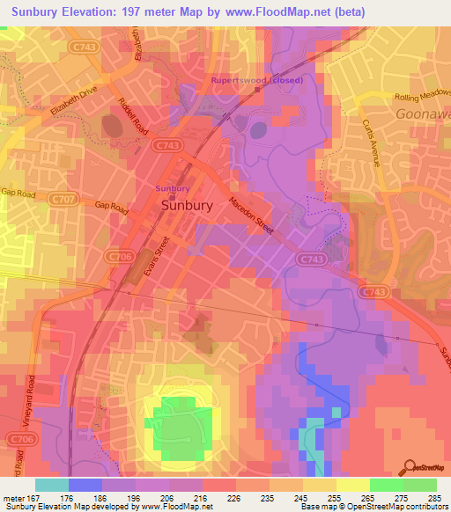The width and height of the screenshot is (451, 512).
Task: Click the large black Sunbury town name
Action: [187, 205]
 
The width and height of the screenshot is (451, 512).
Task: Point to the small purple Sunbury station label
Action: [173, 188]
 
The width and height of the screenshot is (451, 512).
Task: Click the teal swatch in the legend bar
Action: [51, 485]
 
